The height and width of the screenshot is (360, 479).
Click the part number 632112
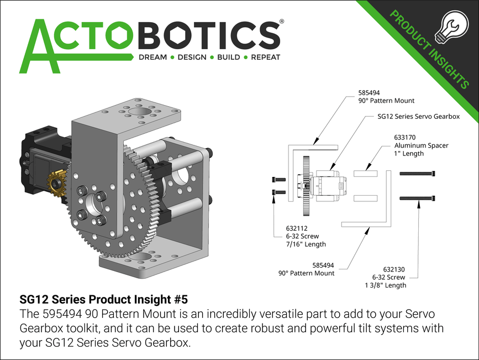[x=296, y=228]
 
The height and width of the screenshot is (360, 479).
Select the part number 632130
[x=394, y=269]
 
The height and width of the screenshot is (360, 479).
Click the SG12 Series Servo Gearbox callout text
[x=418, y=117]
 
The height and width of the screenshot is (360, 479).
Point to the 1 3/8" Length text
[x=385, y=285]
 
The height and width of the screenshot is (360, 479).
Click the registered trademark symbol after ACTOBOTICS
[x=282, y=22]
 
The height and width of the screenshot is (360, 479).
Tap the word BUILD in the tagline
[x=229, y=57]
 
